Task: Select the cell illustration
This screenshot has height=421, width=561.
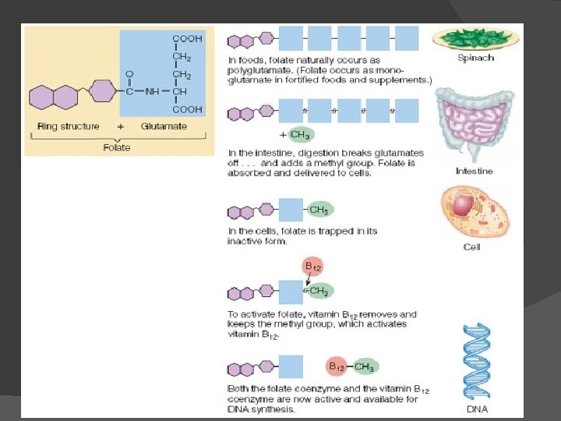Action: pos(475,210)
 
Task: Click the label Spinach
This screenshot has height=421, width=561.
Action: pos(475,58)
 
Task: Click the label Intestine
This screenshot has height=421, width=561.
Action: pos(475,171)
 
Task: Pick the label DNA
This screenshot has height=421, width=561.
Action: pos(477,409)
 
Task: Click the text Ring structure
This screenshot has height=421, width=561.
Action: pos(69,126)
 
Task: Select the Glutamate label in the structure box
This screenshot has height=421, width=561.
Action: pos(164,126)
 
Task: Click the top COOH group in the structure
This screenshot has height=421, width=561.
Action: pos(187,38)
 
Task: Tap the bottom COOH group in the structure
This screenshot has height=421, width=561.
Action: pos(187,110)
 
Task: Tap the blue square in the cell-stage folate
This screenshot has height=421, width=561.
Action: pos(291,210)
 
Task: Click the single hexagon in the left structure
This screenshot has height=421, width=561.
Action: pos(101,91)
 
